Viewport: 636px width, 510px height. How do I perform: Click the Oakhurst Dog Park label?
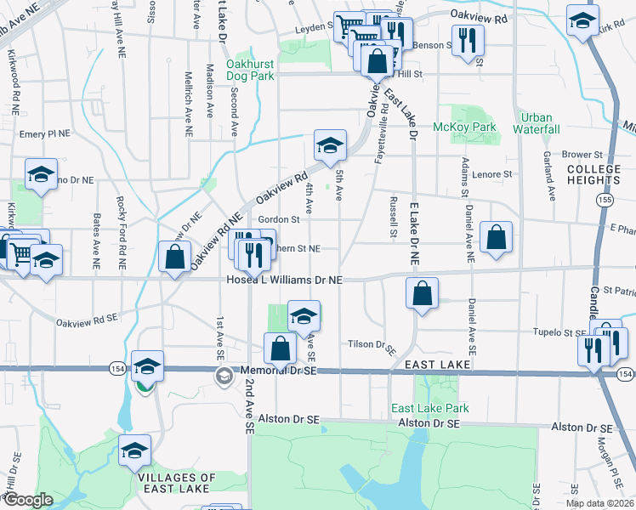point(251,69)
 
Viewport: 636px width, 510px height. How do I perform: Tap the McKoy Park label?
point(464,127)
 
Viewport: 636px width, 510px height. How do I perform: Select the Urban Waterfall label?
point(537,123)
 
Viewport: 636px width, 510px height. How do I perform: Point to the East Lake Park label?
point(430,408)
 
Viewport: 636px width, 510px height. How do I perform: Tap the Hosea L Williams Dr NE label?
point(284,280)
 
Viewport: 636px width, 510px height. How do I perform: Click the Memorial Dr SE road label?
point(278,372)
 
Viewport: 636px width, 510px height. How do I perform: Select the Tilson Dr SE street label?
point(373,345)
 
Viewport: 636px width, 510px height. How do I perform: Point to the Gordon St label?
point(280,219)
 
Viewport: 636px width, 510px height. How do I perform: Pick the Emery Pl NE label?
point(43,133)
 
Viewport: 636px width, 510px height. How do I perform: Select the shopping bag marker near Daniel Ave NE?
point(497,237)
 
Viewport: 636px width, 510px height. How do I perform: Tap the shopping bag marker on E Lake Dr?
point(422,293)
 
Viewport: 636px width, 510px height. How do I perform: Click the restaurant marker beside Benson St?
point(468,40)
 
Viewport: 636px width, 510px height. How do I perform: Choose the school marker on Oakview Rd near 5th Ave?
point(330,145)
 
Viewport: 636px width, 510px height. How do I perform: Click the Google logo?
point(27,500)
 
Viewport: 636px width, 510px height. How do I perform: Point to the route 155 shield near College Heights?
point(604,199)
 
